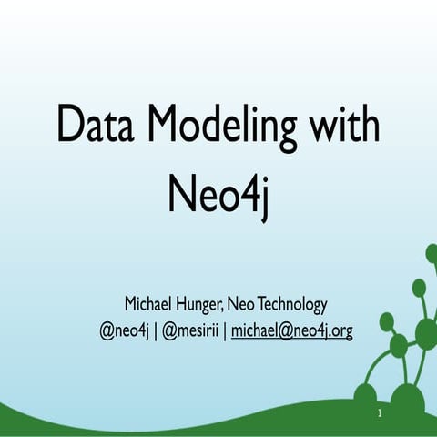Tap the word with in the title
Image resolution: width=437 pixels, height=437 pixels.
pos(343,125)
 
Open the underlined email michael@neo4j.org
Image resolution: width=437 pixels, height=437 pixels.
pos(291,330)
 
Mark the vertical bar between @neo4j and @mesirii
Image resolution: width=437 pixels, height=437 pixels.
pos(155,330)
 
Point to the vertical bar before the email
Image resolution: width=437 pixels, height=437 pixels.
pos(225,330)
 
